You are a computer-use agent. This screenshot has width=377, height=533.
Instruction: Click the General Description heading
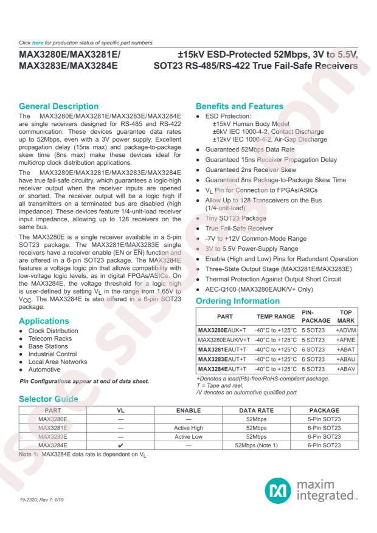[58, 106]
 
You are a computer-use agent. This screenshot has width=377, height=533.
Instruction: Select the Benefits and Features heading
[240, 106]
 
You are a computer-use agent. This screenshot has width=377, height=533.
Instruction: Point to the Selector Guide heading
[49, 399]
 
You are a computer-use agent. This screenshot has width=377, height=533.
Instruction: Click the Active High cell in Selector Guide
[192, 428]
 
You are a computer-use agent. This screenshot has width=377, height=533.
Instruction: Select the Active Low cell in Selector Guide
[192, 436]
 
